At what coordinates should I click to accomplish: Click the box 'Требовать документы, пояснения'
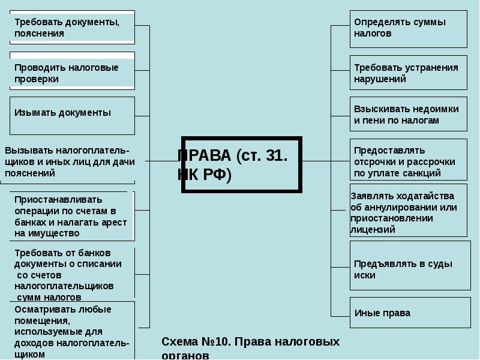click(72, 28)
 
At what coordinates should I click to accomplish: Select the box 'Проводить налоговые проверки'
click(72, 73)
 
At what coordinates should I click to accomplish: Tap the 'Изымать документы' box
click(72, 115)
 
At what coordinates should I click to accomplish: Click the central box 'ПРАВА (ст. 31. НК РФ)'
click(242, 164)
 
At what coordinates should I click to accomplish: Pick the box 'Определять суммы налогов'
click(408, 28)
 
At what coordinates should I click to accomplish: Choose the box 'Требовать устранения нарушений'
click(408, 73)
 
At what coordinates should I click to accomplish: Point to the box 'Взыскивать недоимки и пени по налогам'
click(408, 115)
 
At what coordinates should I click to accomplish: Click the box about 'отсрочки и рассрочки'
click(408, 160)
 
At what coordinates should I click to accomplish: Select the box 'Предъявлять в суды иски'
click(408, 269)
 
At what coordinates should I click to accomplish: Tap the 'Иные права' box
click(408, 313)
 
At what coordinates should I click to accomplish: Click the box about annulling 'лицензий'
click(408, 212)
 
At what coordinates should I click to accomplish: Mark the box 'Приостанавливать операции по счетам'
click(72, 216)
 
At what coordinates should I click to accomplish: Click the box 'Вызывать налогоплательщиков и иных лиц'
click(69, 161)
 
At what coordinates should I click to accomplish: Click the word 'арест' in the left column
click(115, 222)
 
